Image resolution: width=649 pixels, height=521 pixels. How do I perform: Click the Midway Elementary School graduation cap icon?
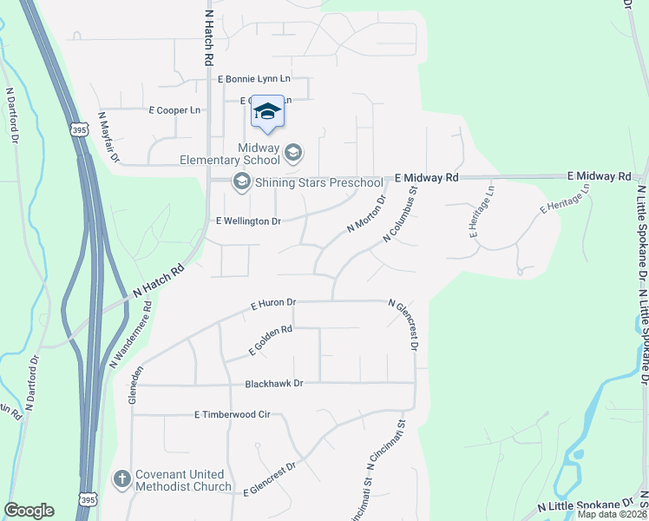pos(293,154)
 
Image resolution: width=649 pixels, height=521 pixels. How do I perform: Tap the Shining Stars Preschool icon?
pos(241,181)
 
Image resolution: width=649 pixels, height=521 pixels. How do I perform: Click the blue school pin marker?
pos(268,112)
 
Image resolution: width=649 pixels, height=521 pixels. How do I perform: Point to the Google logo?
pos(29,511)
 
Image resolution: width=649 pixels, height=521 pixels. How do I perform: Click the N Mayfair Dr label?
pos(108,137)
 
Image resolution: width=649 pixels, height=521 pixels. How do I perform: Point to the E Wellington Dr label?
pos(248,221)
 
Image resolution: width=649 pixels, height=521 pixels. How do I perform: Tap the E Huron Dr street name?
pos(273,305)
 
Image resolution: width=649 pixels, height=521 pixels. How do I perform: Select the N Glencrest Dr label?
pos(404,326)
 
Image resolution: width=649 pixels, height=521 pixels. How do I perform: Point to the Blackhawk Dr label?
pos(274,383)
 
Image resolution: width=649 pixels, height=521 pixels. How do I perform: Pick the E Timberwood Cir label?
pos(233,415)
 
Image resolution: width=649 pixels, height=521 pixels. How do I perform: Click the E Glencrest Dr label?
pos(270,478)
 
